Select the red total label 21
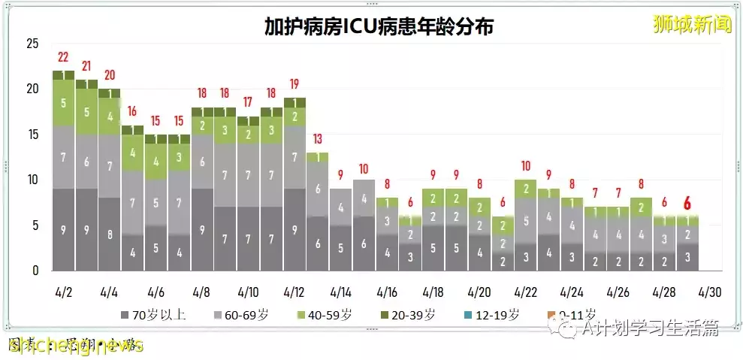tap(86, 66)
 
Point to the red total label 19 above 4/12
tap(294, 84)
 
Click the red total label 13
tap(317, 139)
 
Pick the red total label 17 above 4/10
tap(248, 102)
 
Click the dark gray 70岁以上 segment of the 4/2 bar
tap(63, 229)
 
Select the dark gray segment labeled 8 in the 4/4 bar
tap(109, 234)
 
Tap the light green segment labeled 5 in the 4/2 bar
tap(63, 102)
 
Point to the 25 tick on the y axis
tap(32, 44)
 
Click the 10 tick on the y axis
tap(32, 180)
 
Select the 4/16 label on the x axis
tap(387, 291)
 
